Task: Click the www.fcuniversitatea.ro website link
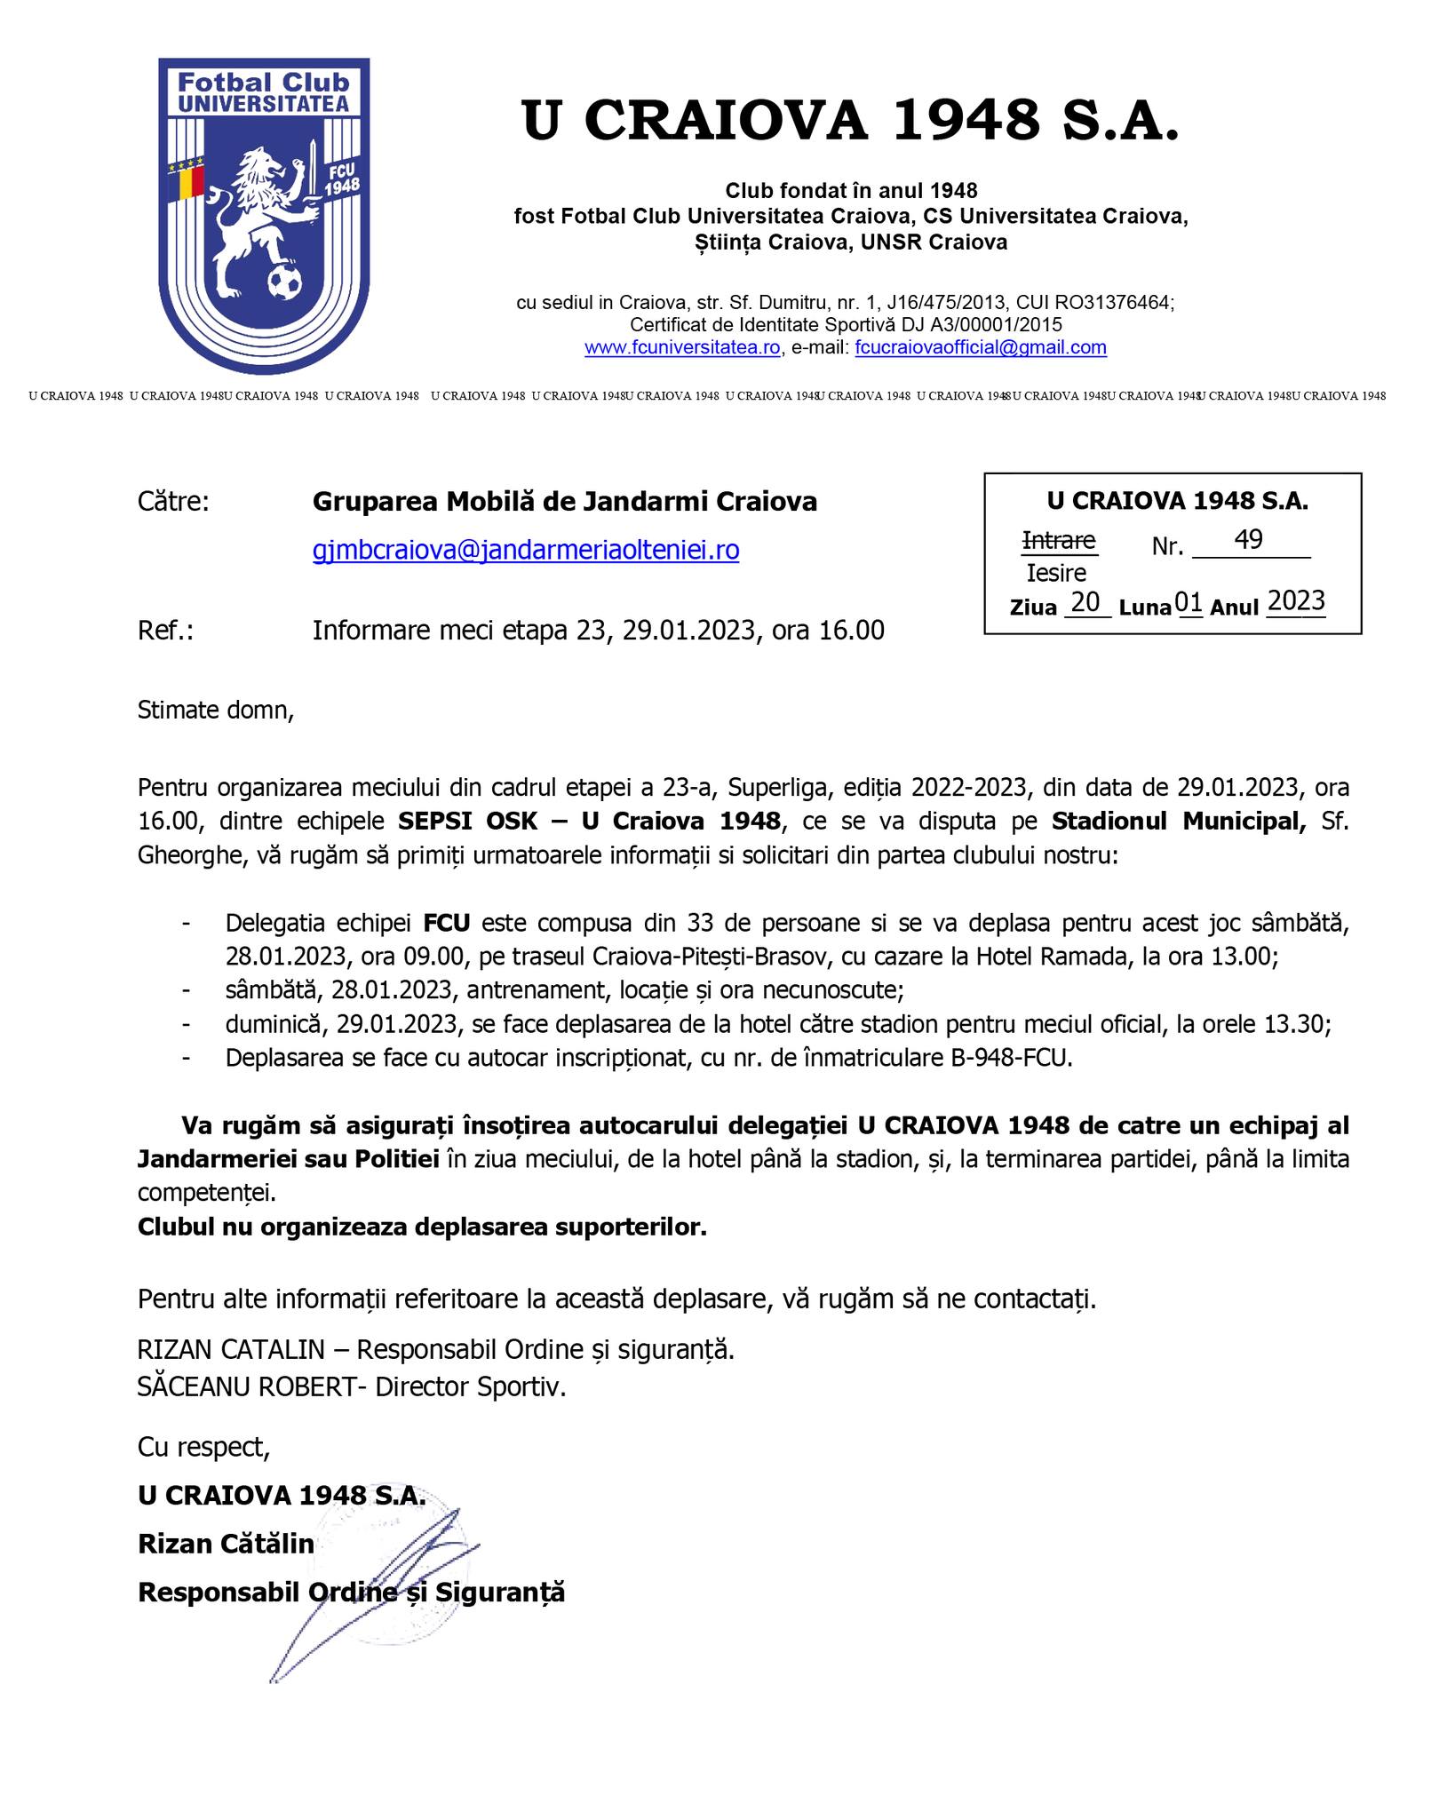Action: [682, 347]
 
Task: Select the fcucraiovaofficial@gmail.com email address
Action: [981, 347]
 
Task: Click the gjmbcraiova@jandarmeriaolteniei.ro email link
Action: [526, 551]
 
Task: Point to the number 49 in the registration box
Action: [1248, 540]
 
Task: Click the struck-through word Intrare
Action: [1059, 540]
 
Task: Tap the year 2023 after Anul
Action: [1296, 602]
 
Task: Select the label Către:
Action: [173, 502]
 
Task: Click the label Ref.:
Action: [165, 631]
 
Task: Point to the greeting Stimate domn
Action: [215, 711]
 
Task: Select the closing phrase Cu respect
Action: [203, 1448]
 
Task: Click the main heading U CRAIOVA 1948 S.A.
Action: [850, 120]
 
